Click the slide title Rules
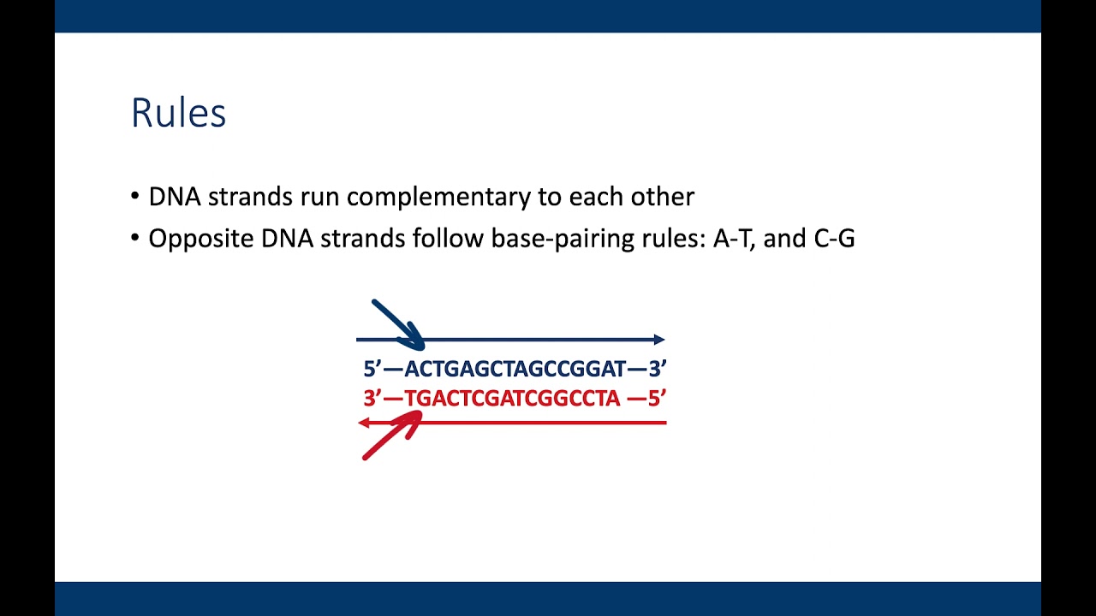coord(178,113)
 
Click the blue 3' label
coord(657,370)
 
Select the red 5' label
coord(657,399)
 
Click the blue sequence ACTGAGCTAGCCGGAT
coord(515,370)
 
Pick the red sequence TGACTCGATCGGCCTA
coord(511,399)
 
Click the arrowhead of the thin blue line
coord(659,340)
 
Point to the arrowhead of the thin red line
coord(364,423)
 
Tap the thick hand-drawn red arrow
coord(390,436)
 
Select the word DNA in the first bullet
coord(175,197)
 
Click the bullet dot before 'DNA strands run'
coord(135,197)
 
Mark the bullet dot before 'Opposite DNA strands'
coord(135,238)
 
